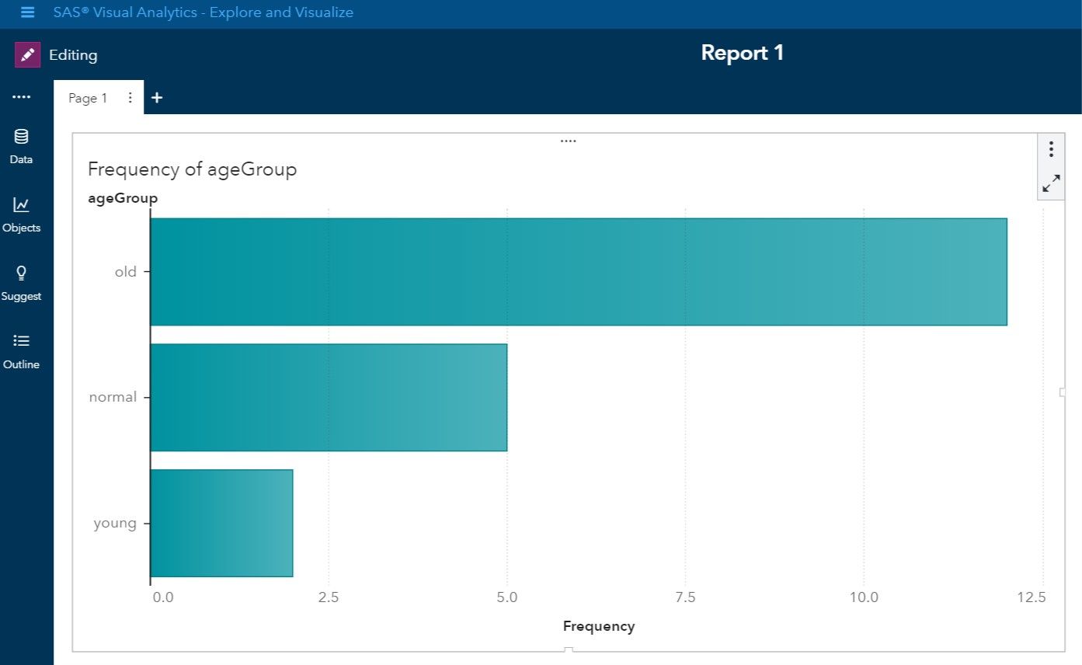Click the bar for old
coord(578,272)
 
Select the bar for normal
coord(329,397)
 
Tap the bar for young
coord(221,523)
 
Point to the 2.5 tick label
coord(329,597)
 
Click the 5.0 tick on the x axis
coord(506,597)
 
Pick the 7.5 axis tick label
coord(685,597)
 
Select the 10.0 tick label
coord(863,597)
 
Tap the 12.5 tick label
coord(1031,597)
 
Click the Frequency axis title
coord(598,626)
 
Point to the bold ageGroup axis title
coord(123,198)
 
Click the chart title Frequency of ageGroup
coord(192,169)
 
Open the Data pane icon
coord(21,138)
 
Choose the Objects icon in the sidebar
coord(21,205)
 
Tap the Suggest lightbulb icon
coord(21,273)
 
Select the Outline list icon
coord(21,341)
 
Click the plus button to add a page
coord(157,98)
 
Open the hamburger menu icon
coord(27,12)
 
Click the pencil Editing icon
coord(28,55)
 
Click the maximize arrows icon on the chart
coord(1051,183)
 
